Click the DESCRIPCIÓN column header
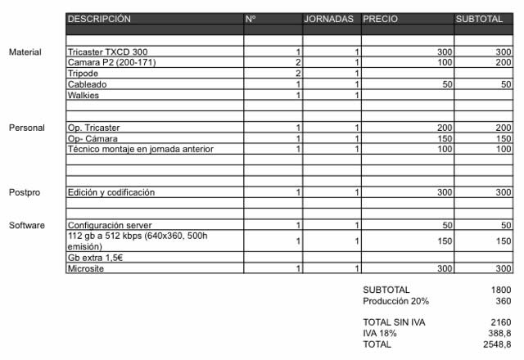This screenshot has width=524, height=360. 99,18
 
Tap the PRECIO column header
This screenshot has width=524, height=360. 382,18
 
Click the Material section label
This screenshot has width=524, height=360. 25,52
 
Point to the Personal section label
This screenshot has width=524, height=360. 25,128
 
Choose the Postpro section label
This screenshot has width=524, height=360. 25,192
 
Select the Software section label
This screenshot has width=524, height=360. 26,225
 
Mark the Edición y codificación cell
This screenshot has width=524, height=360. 111,192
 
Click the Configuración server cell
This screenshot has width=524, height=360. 109,225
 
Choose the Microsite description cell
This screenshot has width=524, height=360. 86,268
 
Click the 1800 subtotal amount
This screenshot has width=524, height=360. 501,290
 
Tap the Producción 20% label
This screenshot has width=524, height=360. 395,300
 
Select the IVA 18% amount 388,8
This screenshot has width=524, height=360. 498,334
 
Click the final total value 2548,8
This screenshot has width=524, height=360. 496,344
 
